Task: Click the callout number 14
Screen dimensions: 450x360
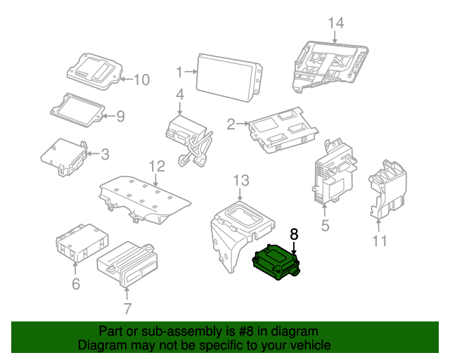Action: pos(337,23)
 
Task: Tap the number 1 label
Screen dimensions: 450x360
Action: pos(179,72)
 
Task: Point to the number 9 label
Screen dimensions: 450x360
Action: pos(120,116)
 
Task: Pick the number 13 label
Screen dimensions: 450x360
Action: pos(241,180)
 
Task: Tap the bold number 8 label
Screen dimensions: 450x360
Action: pos(294,234)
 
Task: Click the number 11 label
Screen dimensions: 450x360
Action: pos(380,242)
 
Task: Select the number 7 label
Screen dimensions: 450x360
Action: pos(127,308)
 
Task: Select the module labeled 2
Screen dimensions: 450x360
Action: pos(281,131)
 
